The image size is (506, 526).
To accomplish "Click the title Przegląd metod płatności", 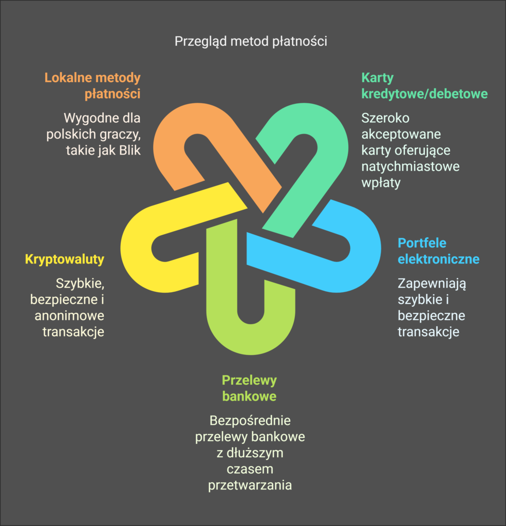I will pos(251,41).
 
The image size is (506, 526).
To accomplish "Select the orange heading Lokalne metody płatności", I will pos(92,86).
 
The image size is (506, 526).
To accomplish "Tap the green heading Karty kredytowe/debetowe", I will pos(424,86).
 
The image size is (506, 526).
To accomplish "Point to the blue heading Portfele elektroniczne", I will pos(438,250).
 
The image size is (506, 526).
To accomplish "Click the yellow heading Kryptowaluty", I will pos(65,259).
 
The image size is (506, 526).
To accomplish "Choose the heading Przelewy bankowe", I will pos(250,388).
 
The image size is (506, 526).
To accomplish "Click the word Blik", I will pos(128,151).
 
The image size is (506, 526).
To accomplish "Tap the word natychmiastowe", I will pos(410,166).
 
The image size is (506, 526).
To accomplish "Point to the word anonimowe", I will pos(69,315).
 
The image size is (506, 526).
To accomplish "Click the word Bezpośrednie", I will pos(250,421).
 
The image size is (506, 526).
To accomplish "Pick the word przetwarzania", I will pos(250,485).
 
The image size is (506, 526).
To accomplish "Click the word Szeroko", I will pos(385,118).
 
